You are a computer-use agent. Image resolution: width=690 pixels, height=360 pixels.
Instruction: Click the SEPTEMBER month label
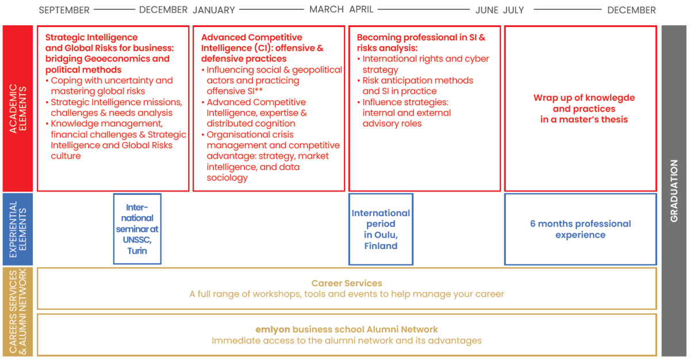(x=64, y=10)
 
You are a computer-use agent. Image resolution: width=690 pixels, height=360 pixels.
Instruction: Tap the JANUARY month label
(x=214, y=10)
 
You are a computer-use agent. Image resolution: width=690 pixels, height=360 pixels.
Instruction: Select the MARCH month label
(x=326, y=10)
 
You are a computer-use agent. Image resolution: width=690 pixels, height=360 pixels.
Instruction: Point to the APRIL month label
(x=361, y=10)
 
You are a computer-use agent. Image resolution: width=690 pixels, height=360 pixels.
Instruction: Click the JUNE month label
(x=486, y=10)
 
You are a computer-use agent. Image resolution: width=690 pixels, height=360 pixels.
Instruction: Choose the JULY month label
(x=513, y=10)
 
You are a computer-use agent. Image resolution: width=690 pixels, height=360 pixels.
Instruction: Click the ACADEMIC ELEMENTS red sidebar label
(x=18, y=108)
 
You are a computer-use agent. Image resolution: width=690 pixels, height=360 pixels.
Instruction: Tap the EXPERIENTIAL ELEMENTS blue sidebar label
(x=18, y=229)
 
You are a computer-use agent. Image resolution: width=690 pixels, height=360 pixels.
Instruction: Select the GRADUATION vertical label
(x=674, y=191)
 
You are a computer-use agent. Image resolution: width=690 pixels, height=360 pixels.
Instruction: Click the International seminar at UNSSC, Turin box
(x=137, y=229)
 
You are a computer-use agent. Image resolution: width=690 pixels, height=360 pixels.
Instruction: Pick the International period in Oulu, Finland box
(x=381, y=229)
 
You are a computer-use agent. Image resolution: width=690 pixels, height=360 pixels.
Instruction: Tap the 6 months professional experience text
(x=580, y=229)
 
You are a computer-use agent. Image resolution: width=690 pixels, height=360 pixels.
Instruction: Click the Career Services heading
(x=347, y=283)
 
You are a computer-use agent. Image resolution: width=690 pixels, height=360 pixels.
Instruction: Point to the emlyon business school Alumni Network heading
(x=347, y=329)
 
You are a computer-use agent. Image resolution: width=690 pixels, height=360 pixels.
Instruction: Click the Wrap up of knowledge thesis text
(x=584, y=108)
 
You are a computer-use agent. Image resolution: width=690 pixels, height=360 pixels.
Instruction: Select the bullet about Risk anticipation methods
(x=415, y=86)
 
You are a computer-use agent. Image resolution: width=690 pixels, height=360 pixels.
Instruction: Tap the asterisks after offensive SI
(x=258, y=90)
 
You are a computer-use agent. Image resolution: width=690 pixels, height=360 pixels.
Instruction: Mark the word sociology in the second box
(x=227, y=178)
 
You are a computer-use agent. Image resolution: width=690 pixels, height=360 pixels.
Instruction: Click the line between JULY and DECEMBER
(x=568, y=10)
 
